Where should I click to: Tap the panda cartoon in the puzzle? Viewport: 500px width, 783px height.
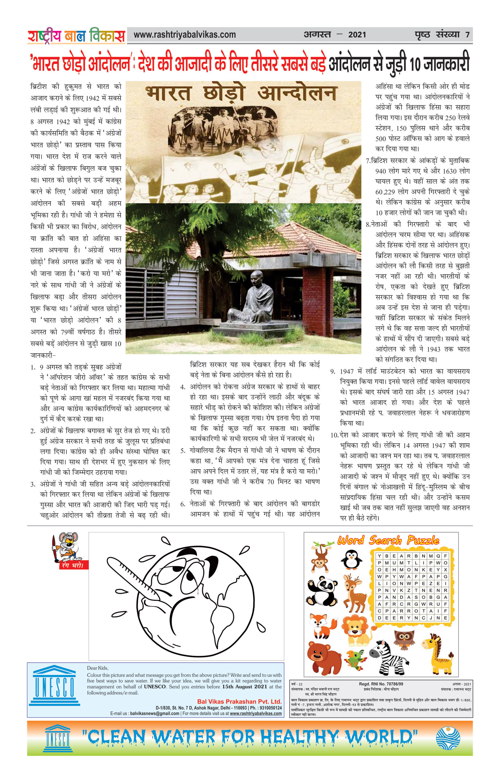321,591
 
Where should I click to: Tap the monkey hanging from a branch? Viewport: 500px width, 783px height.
321,556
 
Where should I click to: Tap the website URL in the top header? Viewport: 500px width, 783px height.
184,35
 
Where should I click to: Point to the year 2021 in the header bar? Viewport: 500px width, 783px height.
357,35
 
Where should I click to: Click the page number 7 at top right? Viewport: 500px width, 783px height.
467,35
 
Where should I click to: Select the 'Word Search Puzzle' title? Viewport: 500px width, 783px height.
388,540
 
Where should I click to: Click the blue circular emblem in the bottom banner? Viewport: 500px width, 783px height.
448,738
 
